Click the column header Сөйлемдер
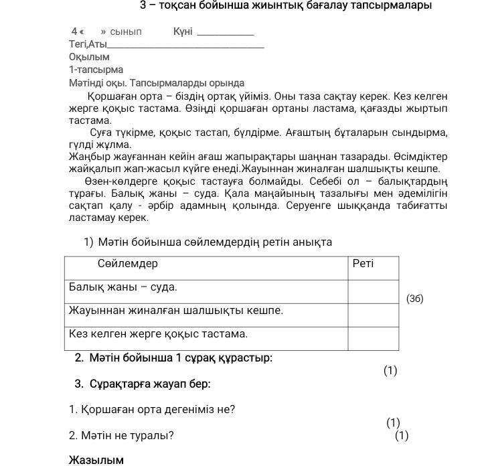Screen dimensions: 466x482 point(127,264)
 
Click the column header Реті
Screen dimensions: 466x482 point(363,264)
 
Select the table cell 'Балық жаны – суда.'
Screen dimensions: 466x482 point(123,287)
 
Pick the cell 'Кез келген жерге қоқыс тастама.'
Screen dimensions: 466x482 point(158,333)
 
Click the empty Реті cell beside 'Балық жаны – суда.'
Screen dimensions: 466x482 point(373,291)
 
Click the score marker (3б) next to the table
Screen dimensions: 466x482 point(415,299)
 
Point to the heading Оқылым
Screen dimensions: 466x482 point(89,57)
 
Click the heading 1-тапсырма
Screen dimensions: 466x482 point(96,70)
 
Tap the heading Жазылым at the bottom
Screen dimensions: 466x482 point(96,460)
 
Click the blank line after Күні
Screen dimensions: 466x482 point(226,33)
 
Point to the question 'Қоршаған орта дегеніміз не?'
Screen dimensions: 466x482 point(152,409)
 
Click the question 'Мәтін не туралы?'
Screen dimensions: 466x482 point(121,435)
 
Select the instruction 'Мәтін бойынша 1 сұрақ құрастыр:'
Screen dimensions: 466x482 point(173,358)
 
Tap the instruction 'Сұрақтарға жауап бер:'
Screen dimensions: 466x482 point(143,384)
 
